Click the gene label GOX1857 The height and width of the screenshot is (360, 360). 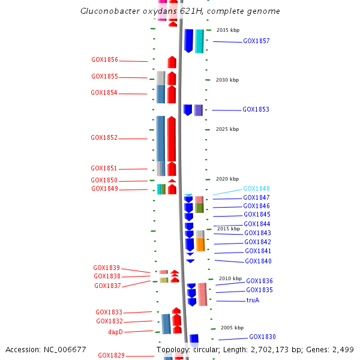pyautogui.click(x=256, y=41)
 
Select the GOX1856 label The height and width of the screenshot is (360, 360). pyautogui.click(x=104, y=60)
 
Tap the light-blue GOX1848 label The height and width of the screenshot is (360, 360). pyautogui.click(x=256, y=188)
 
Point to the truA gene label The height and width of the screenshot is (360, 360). pyautogui.click(x=253, y=300)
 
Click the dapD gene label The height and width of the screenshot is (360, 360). pyautogui.click(x=115, y=332)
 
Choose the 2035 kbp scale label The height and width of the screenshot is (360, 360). pyautogui.click(x=227, y=30)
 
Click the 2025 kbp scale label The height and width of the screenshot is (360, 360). pyautogui.click(x=227, y=129)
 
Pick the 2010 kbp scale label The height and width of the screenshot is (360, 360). pyautogui.click(x=230, y=278)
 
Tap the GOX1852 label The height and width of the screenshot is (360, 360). pyautogui.click(x=104, y=137)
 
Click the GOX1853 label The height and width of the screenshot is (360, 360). pyautogui.click(x=256, y=110)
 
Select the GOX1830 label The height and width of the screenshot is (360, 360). pyautogui.click(x=262, y=337)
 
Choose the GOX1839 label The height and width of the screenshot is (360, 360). pyautogui.click(x=106, y=268)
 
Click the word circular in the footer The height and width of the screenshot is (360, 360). pyautogui.click(x=207, y=349)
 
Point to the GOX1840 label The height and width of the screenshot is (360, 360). pyautogui.click(x=258, y=262)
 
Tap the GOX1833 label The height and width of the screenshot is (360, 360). pyautogui.click(x=109, y=313)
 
